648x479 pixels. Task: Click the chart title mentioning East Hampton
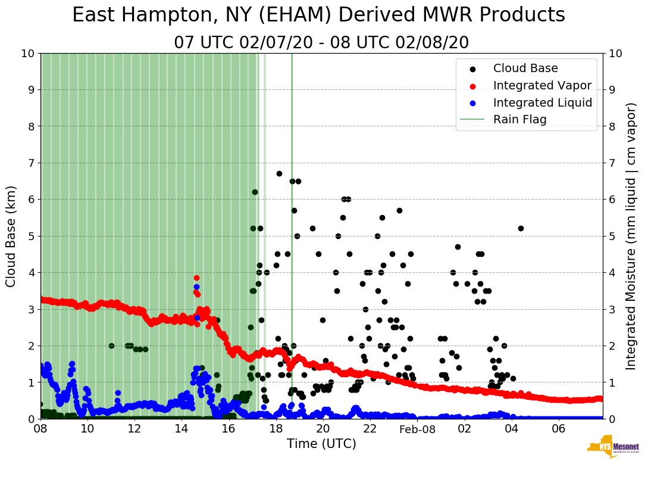tap(318, 15)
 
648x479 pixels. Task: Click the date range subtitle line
tap(321, 43)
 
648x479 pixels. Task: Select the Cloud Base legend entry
tap(525, 69)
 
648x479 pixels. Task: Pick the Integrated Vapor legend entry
tap(542, 85)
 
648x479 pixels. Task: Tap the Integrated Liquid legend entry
tap(542, 102)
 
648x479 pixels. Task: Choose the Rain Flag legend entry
tap(519, 119)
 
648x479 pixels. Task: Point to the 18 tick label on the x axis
tap(276, 429)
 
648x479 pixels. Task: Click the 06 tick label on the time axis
tap(558, 429)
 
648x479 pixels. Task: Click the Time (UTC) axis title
tap(321, 444)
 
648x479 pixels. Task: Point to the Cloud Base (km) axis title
tap(11, 236)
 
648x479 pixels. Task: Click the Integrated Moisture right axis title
tap(631, 236)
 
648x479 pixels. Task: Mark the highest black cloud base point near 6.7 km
tap(279, 173)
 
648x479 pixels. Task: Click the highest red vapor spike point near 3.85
tap(196, 278)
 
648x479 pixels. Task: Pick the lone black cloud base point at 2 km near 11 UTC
tap(111, 346)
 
